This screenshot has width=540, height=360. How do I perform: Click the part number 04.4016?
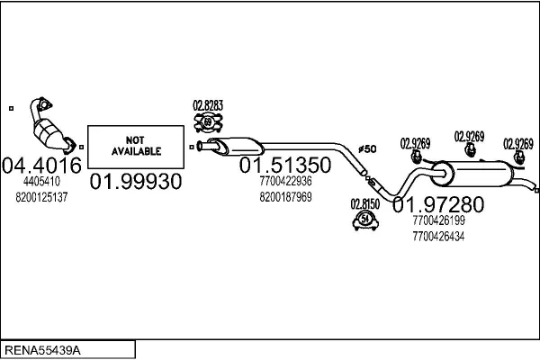click(x=43, y=166)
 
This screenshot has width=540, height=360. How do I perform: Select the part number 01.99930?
click(x=135, y=181)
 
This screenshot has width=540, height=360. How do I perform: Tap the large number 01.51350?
click(x=284, y=166)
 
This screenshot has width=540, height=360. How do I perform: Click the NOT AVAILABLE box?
click(x=134, y=147)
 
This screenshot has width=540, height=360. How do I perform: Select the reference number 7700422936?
click(x=285, y=182)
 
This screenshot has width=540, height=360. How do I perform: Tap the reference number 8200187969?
click(x=285, y=197)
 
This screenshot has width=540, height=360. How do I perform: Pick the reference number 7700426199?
click(x=438, y=220)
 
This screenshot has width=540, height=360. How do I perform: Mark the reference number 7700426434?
click(x=438, y=236)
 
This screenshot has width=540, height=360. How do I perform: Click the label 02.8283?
click(x=209, y=105)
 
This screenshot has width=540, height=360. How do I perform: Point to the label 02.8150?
click(x=365, y=203)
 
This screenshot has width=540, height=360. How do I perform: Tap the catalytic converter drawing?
click(x=49, y=125)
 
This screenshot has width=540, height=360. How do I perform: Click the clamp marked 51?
click(x=365, y=220)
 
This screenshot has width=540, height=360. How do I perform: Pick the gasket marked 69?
click(x=209, y=122)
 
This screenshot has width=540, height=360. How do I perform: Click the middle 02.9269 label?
click(x=469, y=136)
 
